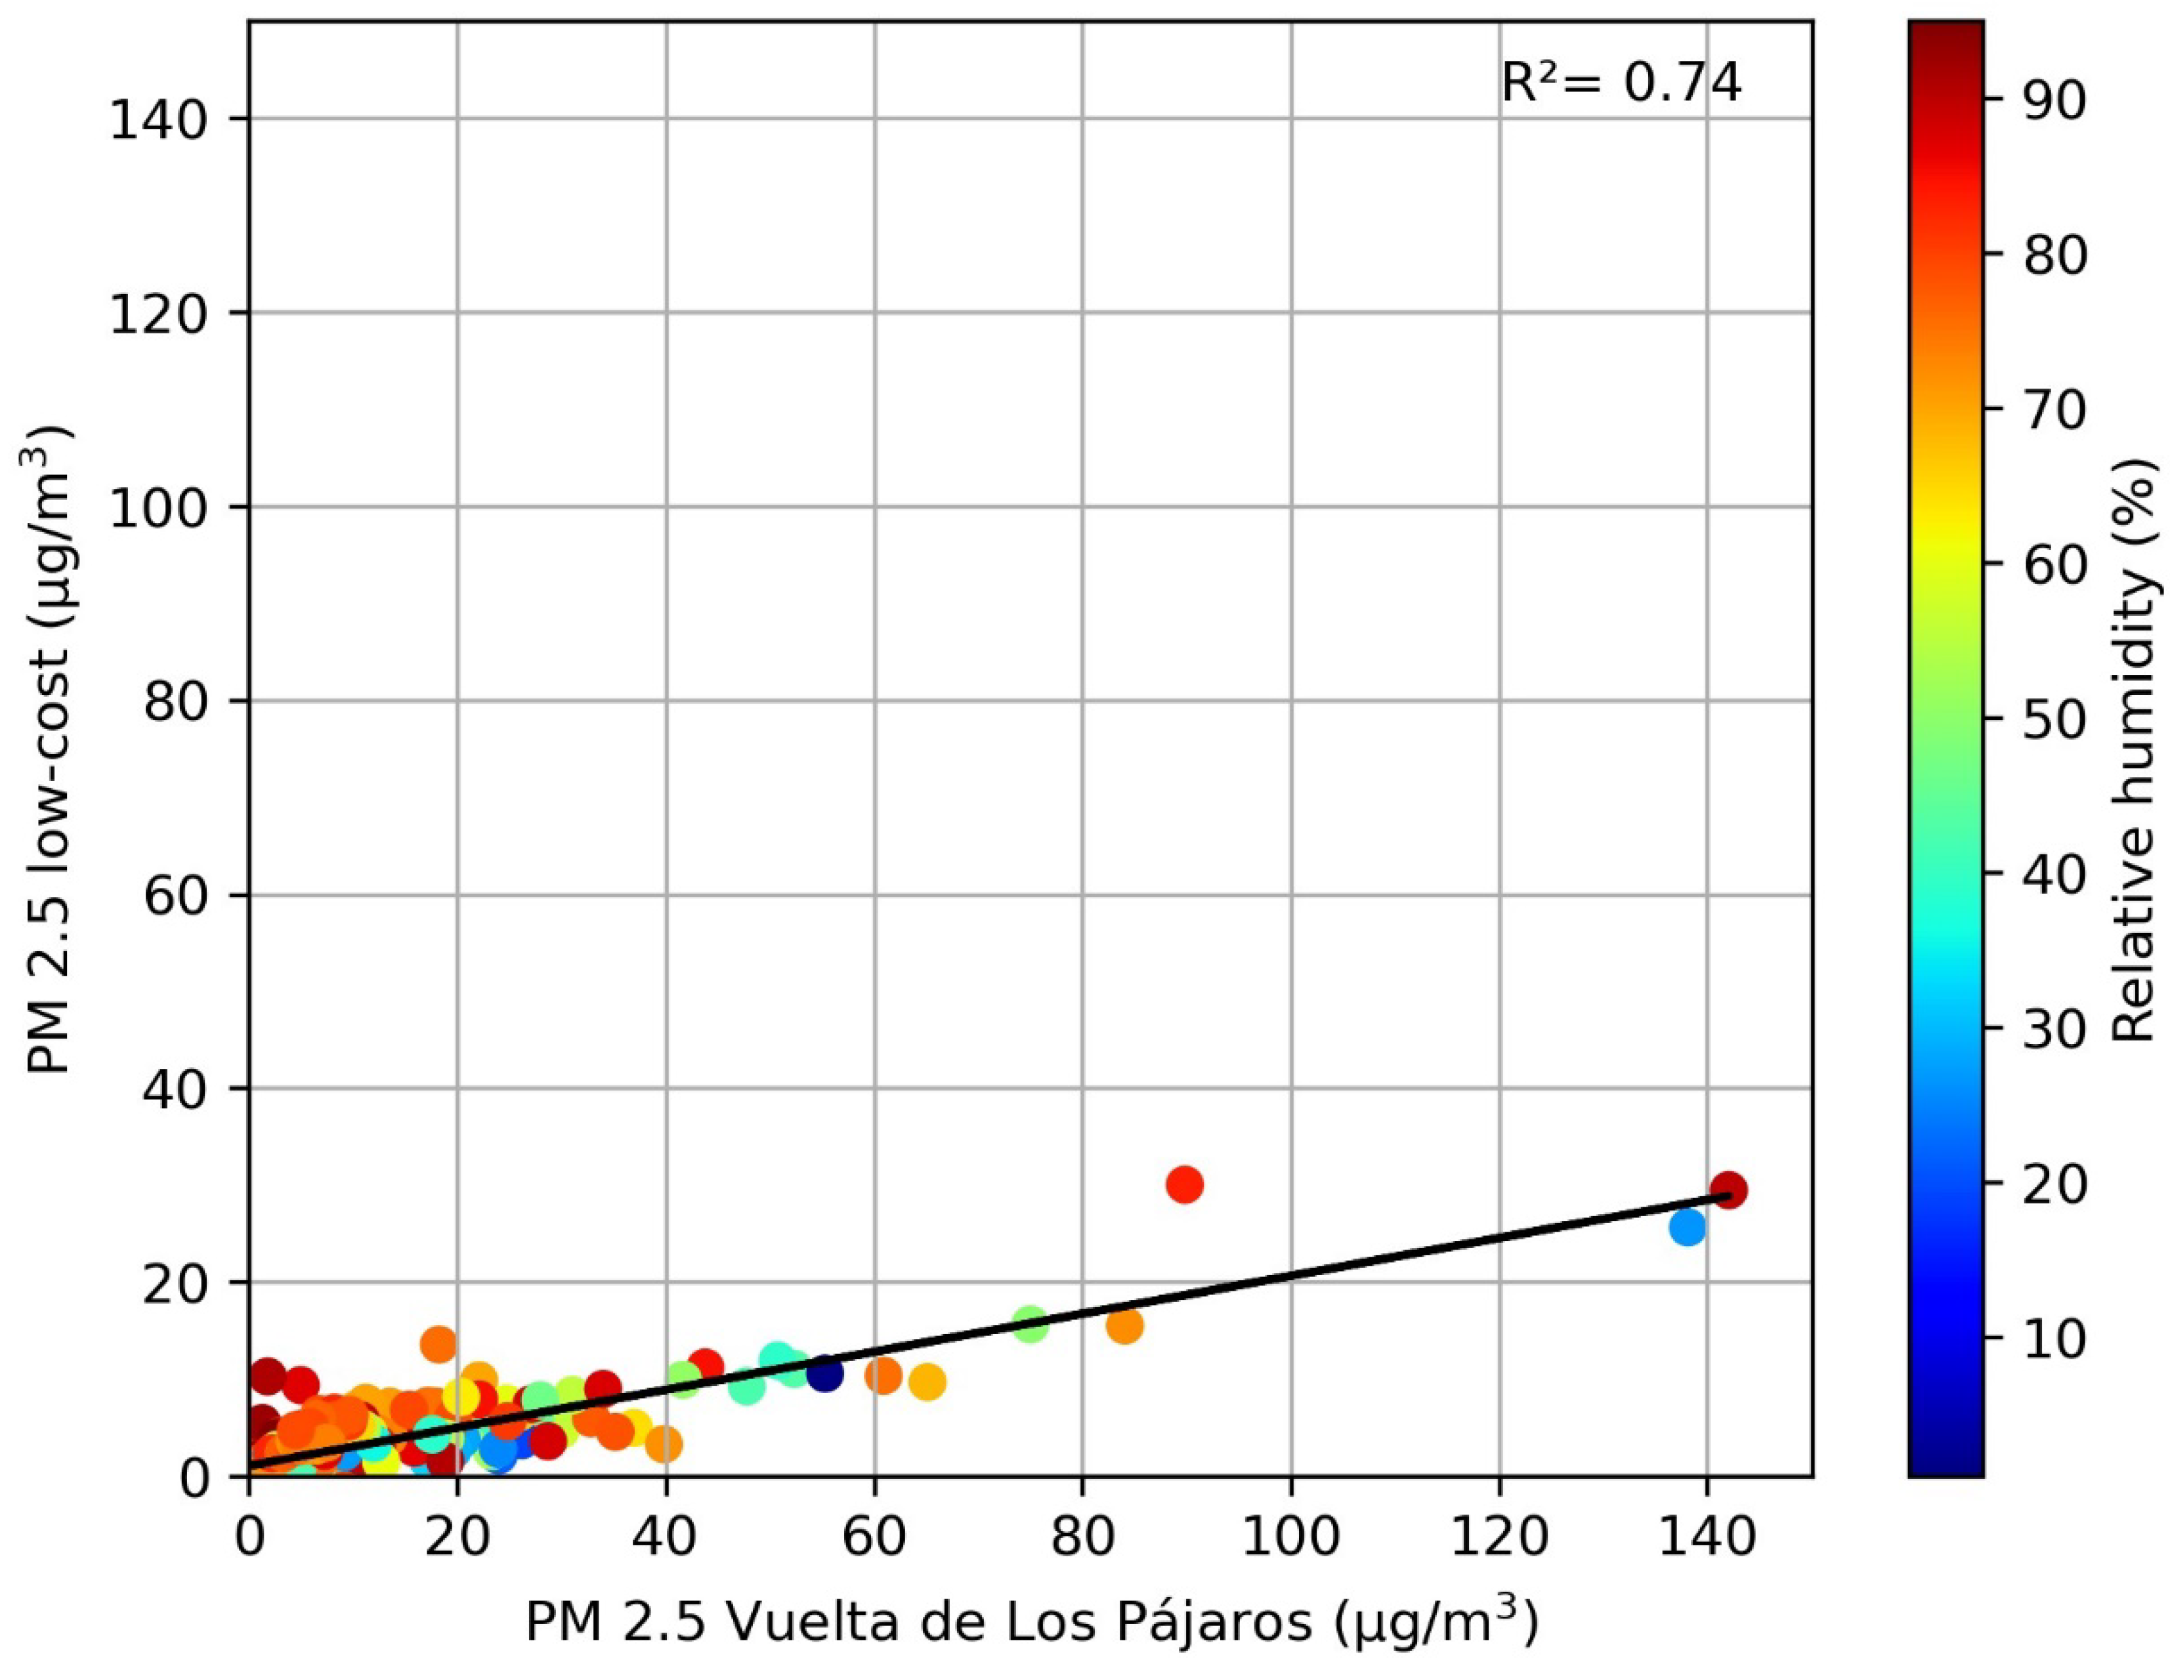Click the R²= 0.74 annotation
tap(1620, 83)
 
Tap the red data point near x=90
tap(1185, 1184)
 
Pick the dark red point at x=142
tap(1729, 1190)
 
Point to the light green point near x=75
tap(1031, 1324)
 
